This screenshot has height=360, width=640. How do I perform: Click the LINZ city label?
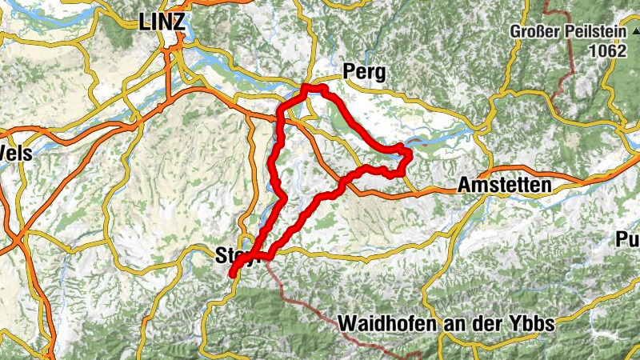(162, 22)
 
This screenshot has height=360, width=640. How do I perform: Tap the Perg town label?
(364, 73)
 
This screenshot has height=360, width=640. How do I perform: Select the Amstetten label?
(505, 186)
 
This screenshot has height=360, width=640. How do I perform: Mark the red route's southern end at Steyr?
(232, 274)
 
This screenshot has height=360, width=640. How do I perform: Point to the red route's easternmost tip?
(409, 152)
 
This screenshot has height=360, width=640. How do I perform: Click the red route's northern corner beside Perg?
(307, 86)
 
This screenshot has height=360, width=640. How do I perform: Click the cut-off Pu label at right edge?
(628, 238)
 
